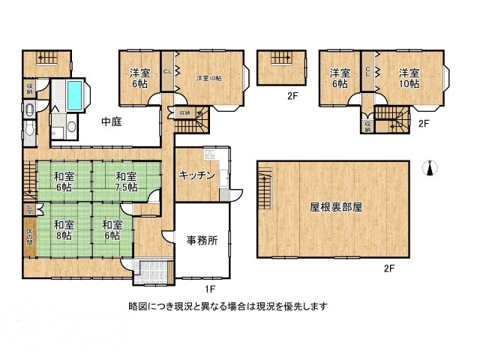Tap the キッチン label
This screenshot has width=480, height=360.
197,175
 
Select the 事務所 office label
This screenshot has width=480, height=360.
202,241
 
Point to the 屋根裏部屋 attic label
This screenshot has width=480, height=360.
336,206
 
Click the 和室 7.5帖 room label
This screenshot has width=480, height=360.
126,182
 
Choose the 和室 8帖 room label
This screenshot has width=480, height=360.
63,229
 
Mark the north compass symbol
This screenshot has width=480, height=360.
429,169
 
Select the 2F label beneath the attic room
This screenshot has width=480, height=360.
388,268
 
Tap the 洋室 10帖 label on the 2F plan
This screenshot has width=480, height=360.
408,78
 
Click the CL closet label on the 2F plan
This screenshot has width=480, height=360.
367,72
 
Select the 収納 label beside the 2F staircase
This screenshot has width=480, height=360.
367,125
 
